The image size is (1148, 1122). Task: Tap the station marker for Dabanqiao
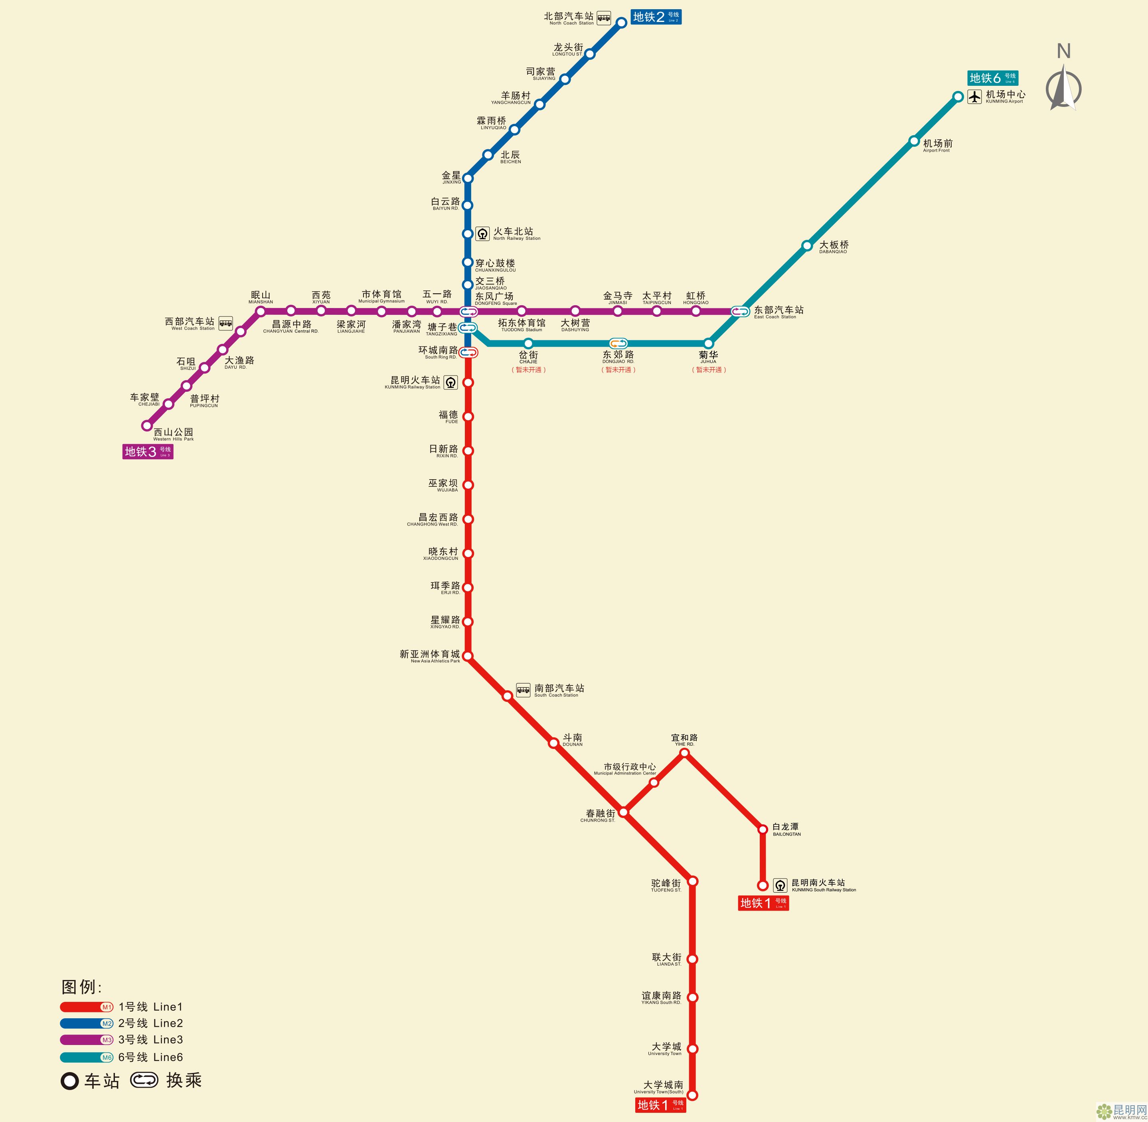click(807, 245)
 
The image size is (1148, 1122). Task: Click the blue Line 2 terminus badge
click(656, 16)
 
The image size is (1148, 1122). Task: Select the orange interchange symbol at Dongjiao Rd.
click(618, 343)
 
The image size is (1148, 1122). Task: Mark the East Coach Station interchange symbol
click(740, 311)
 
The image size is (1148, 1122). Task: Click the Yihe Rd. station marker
click(684, 753)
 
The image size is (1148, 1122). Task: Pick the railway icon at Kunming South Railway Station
click(780, 885)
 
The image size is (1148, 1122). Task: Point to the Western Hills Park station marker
click(147, 425)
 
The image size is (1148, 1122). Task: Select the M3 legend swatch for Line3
click(87, 1040)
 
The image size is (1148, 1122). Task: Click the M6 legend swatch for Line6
click(87, 1057)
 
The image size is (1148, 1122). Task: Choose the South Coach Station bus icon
click(523, 690)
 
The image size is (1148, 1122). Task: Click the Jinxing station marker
click(468, 178)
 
